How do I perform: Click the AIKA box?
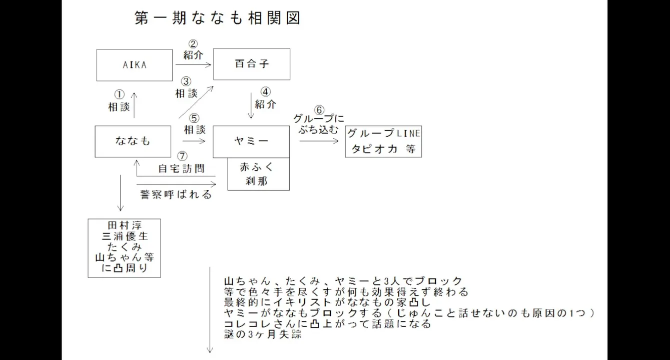pyautogui.click(x=134, y=64)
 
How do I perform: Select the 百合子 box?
pyautogui.click(x=252, y=64)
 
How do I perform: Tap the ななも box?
pyautogui.click(x=133, y=141)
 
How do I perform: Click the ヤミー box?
pyautogui.click(x=251, y=141)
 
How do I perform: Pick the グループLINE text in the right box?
pyautogui.click(x=383, y=134)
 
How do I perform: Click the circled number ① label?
pyautogui.click(x=119, y=94)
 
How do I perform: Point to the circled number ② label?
pyautogui.click(x=193, y=44)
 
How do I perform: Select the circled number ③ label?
pyautogui.click(x=186, y=81)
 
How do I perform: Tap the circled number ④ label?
pyautogui.click(x=265, y=92)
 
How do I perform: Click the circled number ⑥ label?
pyautogui.click(x=319, y=109)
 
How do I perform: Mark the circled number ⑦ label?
pyautogui.click(x=183, y=156)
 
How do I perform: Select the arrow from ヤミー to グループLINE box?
pyautogui.click(x=319, y=141)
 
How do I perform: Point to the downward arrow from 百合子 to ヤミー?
pyautogui.click(x=252, y=105)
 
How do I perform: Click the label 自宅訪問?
pyautogui.click(x=181, y=168)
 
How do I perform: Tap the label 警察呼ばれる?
pyautogui.click(x=176, y=194)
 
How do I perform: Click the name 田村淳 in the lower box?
pyautogui.click(x=125, y=225)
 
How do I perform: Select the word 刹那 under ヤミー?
pyautogui.click(x=258, y=181)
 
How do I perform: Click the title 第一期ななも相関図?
pyautogui.click(x=218, y=18)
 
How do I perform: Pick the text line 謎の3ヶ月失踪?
pyautogui.click(x=263, y=335)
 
